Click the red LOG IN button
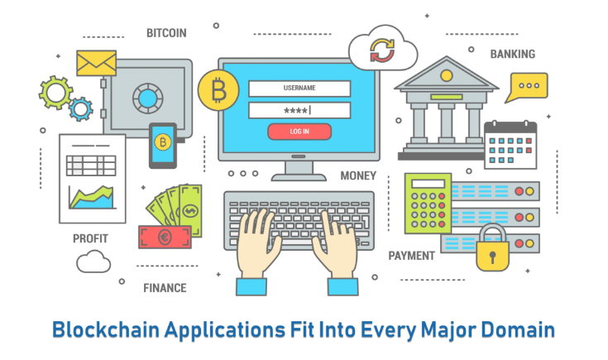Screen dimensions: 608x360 299,132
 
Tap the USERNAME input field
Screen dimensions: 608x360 299,89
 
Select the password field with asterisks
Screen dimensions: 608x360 299,111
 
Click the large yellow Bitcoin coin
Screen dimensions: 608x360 218,90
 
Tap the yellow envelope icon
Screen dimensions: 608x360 97,63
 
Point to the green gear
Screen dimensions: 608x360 56,93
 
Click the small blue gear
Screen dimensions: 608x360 81,109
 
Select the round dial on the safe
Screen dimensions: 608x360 148,98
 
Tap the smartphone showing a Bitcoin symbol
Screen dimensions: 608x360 163,146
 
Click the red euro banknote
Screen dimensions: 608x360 165,237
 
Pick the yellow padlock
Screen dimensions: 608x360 492,248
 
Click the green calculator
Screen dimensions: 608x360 428,204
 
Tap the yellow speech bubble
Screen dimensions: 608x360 528,87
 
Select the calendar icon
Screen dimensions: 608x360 510,145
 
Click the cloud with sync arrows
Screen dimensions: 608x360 383,49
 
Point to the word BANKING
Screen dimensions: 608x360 513,55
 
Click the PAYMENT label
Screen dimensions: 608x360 411,256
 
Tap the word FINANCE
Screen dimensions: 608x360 165,288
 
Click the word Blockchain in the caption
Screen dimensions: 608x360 106,330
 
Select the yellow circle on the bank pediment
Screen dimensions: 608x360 447,75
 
